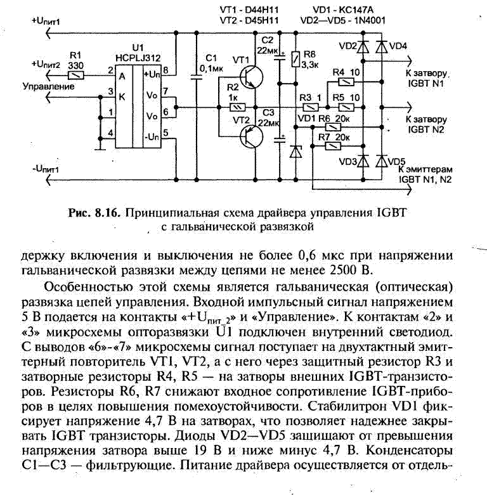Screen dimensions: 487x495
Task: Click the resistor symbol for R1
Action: point(76,76)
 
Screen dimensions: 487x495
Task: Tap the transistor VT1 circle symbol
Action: point(251,77)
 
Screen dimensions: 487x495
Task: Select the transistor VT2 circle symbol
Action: point(251,136)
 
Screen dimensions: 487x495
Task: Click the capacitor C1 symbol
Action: point(196,76)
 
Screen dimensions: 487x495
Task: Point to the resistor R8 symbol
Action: point(295,59)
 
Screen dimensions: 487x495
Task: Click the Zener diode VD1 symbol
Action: point(295,152)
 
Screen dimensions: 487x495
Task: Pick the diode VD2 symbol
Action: point(363,47)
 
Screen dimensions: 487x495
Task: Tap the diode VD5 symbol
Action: point(381,161)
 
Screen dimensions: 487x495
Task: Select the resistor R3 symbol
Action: point(310,108)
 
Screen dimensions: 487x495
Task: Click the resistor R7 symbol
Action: point(333,146)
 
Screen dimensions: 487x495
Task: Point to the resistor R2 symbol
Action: point(237,108)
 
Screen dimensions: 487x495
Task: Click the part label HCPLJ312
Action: point(138,58)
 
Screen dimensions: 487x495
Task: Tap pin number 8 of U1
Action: point(166,70)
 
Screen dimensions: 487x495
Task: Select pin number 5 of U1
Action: point(166,133)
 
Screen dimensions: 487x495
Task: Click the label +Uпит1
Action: point(46,21)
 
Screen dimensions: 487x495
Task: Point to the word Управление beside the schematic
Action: point(49,86)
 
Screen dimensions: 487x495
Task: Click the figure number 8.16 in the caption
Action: point(108,213)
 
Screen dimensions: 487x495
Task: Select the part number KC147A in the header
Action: point(356,10)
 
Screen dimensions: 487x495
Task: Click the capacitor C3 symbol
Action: point(280,140)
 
